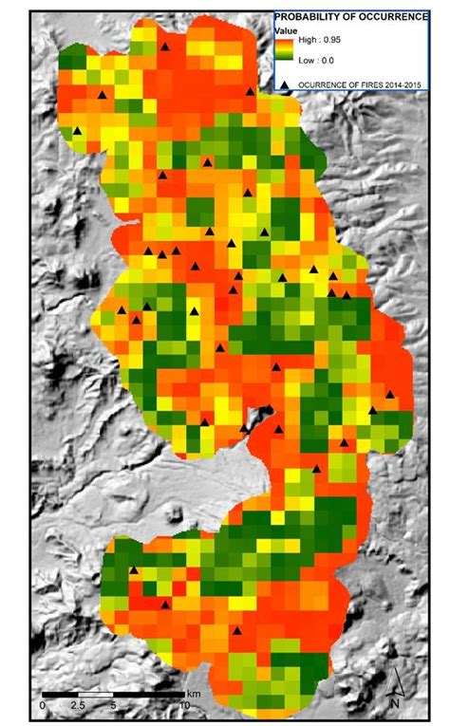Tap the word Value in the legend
pyautogui.click(x=287, y=31)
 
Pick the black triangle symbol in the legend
pyautogui.click(x=284, y=85)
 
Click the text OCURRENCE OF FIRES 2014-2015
pyautogui.click(x=362, y=85)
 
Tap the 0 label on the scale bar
pyautogui.click(x=43, y=707)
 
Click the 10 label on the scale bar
pyautogui.click(x=184, y=707)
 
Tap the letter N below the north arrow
pyautogui.click(x=393, y=702)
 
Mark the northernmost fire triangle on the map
pyautogui.click(x=164, y=46)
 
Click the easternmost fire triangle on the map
pyautogui.click(x=390, y=394)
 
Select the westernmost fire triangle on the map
pyautogui.click(x=77, y=131)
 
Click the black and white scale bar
pyautogui.click(x=114, y=698)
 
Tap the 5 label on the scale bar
pyautogui.click(x=114, y=707)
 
